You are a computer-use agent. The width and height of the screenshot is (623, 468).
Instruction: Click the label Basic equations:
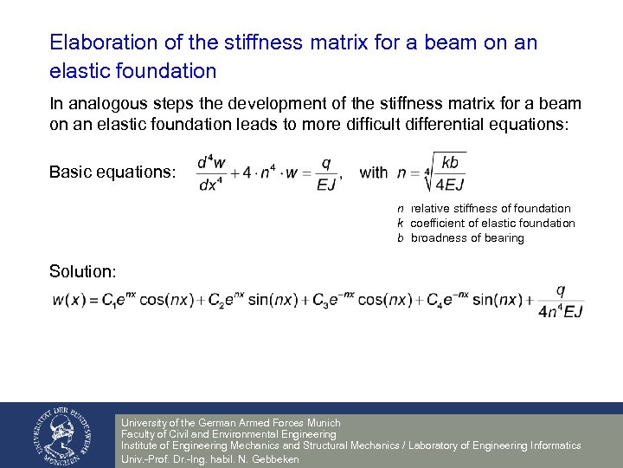(112, 172)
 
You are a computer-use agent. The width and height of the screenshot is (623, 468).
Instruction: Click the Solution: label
(82, 271)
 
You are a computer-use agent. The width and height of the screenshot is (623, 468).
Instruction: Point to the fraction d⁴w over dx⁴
(213, 172)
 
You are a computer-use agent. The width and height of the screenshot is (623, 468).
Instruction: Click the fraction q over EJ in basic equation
(325, 172)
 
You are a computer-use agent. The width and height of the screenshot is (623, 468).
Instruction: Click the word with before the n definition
(373, 172)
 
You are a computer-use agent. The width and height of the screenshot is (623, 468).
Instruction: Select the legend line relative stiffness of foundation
(490, 208)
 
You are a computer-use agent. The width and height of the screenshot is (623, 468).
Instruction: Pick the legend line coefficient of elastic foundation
(492, 223)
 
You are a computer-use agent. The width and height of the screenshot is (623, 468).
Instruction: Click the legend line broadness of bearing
(467, 237)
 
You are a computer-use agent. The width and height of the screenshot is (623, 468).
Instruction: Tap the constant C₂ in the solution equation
(223, 302)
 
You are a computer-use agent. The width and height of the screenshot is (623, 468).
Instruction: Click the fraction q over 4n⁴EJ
(561, 301)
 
